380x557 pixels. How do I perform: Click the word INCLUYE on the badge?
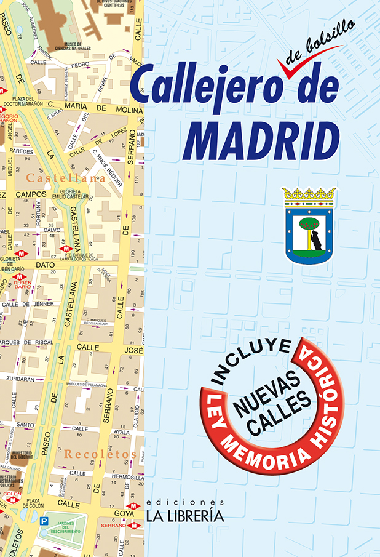pos(250,363)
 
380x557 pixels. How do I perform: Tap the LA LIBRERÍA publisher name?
pos(184,516)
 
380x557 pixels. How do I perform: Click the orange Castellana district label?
pos(66,178)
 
